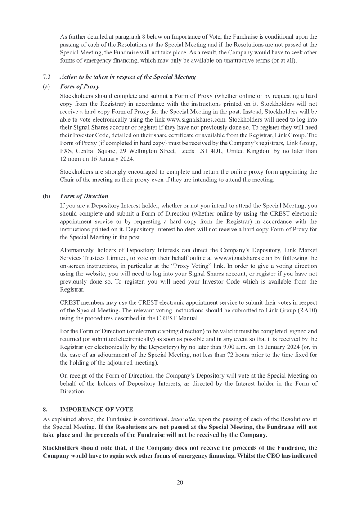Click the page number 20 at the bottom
[x=180, y=482]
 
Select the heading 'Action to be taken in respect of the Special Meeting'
[x=128, y=77]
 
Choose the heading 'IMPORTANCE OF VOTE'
[x=96, y=410]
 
